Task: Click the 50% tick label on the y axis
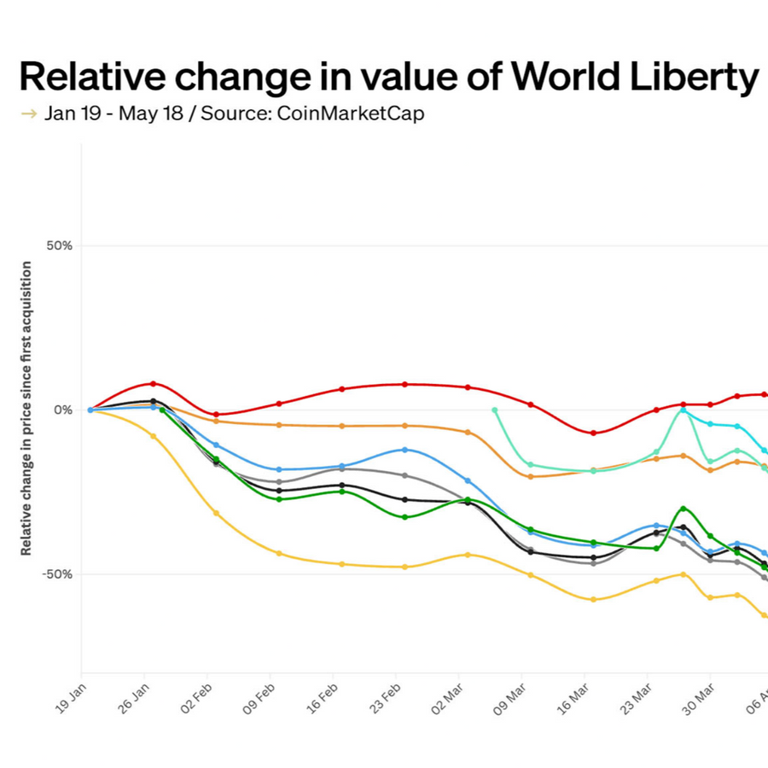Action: pyautogui.click(x=60, y=246)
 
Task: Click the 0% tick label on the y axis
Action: pyautogui.click(x=63, y=410)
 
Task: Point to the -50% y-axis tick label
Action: pyautogui.click(x=58, y=574)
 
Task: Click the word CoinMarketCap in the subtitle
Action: pyautogui.click(x=350, y=113)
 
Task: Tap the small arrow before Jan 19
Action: pyautogui.click(x=28, y=113)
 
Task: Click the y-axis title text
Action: pyautogui.click(x=26, y=409)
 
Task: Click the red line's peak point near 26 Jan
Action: pyautogui.click(x=154, y=384)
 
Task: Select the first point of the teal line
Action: pyautogui.click(x=495, y=410)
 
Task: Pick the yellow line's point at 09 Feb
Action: pyautogui.click(x=279, y=553)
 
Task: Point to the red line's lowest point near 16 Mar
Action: pyautogui.click(x=594, y=433)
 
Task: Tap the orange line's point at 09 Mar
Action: pyautogui.click(x=531, y=476)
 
